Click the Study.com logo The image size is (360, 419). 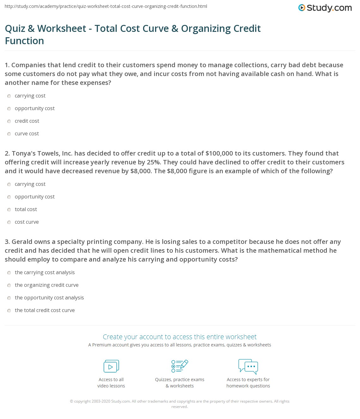pyautogui.click(x=325, y=8)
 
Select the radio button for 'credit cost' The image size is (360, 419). pyautogui.click(x=9, y=121)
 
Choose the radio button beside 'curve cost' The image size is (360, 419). pyautogui.click(x=9, y=134)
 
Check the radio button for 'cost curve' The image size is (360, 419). pyautogui.click(x=9, y=222)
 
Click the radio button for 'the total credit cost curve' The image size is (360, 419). pyautogui.click(x=9, y=310)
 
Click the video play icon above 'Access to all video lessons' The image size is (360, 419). pyautogui.click(x=111, y=366)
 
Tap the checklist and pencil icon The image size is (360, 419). pyautogui.click(x=180, y=366)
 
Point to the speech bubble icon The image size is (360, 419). pyautogui.click(x=248, y=366)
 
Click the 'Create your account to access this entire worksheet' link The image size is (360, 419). pyautogui.click(x=180, y=337)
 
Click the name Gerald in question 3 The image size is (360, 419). pyautogui.click(x=22, y=242)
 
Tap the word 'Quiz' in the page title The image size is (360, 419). pyautogui.click(x=15, y=28)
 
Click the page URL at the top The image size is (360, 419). pyautogui.click(x=106, y=6)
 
